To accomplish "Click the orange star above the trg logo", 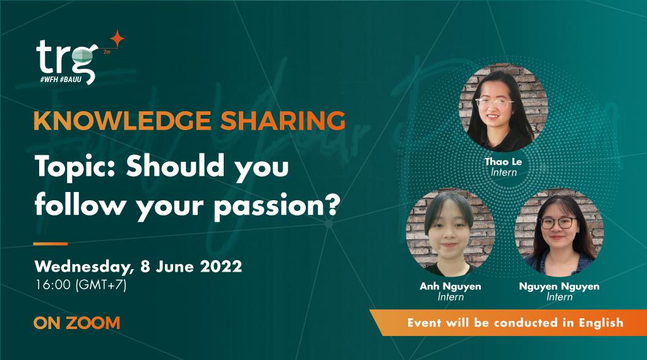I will (x=116, y=38).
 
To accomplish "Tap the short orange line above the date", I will (x=51, y=243).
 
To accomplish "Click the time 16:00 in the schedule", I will (x=53, y=284).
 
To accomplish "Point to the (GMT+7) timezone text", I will (x=101, y=284).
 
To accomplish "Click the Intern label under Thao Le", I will (x=504, y=172).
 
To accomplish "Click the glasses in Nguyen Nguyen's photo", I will (x=558, y=223).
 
